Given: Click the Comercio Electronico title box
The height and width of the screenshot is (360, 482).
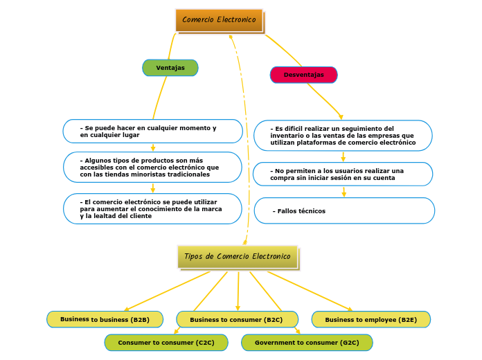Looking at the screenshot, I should [219, 20].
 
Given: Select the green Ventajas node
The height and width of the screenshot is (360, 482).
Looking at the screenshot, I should [170, 68].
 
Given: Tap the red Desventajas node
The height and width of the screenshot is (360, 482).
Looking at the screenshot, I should [303, 75].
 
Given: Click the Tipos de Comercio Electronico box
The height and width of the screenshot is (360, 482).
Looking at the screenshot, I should [238, 257].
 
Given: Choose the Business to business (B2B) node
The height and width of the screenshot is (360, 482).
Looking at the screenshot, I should [105, 319].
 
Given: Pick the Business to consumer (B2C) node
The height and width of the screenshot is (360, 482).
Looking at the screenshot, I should [237, 320].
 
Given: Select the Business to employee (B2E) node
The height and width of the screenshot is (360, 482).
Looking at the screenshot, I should [371, 320].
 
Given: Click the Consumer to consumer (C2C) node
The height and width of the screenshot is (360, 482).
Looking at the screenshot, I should [166, 343].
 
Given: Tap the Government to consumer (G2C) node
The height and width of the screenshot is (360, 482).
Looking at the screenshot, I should [307, 343].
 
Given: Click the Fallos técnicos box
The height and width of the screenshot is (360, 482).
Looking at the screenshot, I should [344, 210].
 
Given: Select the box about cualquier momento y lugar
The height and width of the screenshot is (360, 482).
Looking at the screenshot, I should [152, 131].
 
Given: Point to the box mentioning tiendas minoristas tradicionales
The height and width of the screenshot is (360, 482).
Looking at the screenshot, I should [152, 167].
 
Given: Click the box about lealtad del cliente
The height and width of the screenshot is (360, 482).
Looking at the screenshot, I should [152, 208].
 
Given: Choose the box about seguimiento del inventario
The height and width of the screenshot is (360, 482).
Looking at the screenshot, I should [343, 136].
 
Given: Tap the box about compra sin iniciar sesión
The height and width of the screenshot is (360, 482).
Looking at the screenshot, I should [343, 174].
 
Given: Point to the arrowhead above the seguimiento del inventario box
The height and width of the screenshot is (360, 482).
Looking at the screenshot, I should [340, 116].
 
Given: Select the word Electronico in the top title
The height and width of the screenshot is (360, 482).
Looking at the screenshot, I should [236, 20].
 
